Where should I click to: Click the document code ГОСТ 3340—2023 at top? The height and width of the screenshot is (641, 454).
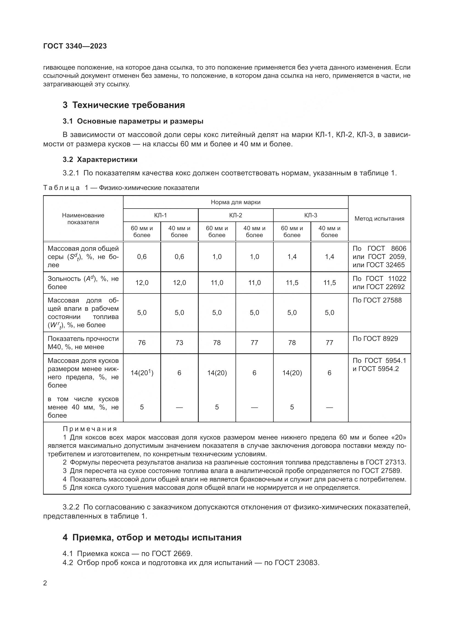pos(75,46)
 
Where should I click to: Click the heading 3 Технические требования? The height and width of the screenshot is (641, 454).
pos(124,105)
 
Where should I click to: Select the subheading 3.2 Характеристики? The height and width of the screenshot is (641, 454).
pos(100,159)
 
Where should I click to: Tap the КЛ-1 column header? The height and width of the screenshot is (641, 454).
pos(161,215)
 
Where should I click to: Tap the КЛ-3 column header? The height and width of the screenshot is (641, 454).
pos(311,215)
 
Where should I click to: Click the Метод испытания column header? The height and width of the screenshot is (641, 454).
pos(379,219)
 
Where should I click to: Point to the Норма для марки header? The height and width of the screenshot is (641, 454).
pos(236,202)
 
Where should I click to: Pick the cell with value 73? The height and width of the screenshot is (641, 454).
pos(179,343)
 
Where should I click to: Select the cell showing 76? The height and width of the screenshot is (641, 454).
pos(142,343)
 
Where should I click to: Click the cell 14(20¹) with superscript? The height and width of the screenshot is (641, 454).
pos(142,373)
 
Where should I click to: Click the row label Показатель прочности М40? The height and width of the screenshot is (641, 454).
pos(83,343)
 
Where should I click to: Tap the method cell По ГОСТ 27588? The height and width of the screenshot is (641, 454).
pos(377,300)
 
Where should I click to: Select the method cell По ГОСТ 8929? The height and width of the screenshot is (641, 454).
pos(375,339)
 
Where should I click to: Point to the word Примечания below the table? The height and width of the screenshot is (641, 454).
pos(90,429)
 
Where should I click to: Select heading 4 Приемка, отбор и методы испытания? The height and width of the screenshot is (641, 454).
pos(152,537)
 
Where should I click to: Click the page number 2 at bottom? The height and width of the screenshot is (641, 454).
pos(45,583)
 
